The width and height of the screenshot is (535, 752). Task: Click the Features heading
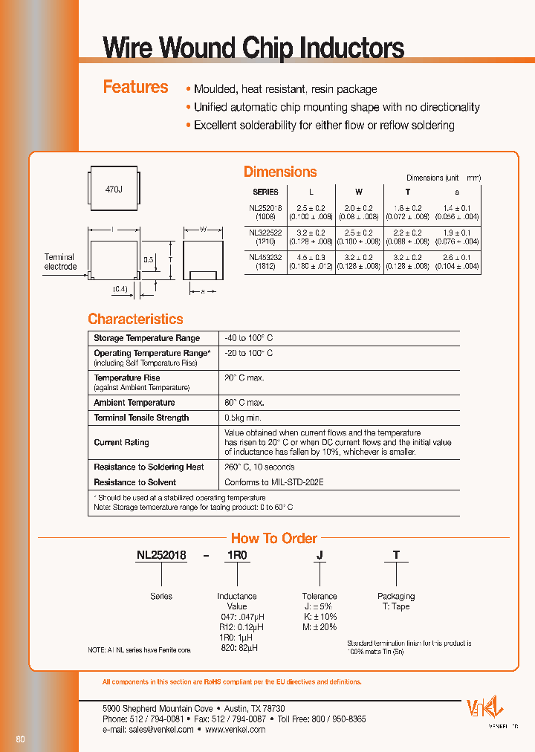click(135, 88)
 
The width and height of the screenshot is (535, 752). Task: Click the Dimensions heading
click(280, 172)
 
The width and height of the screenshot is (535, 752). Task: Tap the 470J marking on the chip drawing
click(114, 190)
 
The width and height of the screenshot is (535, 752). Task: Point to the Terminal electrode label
click(60, 262)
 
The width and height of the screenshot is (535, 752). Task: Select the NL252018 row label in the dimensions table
click(270, 213)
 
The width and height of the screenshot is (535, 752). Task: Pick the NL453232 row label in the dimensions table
click(270, 261)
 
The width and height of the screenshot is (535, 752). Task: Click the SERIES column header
click(266, 192)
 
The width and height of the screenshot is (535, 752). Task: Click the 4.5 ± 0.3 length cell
click(311, 256)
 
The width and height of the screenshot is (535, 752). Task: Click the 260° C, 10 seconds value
click(259, 467)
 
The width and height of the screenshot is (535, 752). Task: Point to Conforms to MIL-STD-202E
click(273, 482)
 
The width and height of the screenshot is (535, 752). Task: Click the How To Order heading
click(273, 538)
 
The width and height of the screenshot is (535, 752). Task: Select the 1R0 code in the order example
click(237, 555)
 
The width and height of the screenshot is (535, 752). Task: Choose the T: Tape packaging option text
click(395, 606)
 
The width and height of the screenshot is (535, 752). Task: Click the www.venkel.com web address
click(235, 730)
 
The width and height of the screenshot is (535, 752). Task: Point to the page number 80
click(20, 739)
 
